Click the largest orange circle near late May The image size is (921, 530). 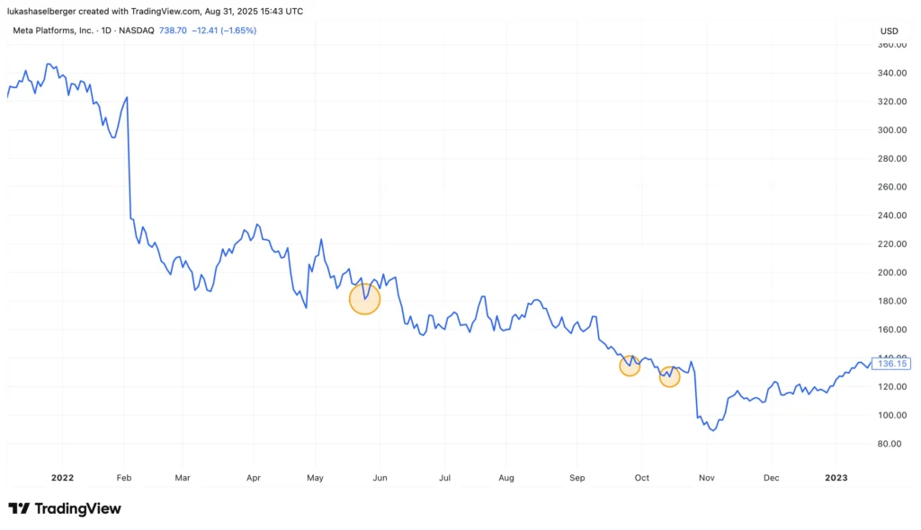(x=364, y=298)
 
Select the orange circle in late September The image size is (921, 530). (x=630, y=365)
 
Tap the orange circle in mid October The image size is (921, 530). (x=669, y=376)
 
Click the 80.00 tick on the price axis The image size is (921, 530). (x=889, y=444)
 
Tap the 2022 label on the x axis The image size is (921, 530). (x=63, y=478)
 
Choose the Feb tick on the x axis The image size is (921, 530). (x=125, y=478)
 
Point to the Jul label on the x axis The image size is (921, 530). (x=444, y=478)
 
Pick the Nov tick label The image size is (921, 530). (x=707, y=478)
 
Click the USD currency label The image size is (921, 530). (x=889, y=31)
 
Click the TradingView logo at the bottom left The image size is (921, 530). (x=65, y=509)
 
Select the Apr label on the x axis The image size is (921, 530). (x=253, y=478)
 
